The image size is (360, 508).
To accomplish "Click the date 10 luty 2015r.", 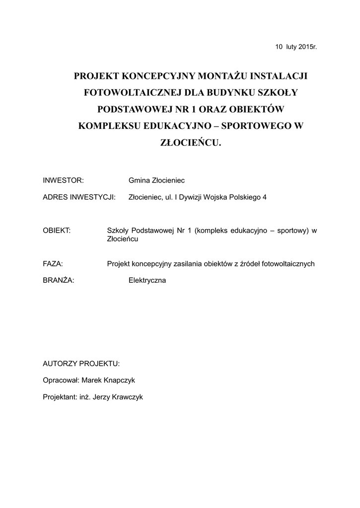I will click(296, 47).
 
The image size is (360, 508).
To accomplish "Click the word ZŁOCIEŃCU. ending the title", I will click(190, 142).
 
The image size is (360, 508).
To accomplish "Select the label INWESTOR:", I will click(63, 181).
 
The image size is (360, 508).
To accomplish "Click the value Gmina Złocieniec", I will click(156, 181).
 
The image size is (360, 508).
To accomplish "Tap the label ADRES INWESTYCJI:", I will click(79, 197).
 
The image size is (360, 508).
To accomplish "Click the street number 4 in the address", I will click(264, 197).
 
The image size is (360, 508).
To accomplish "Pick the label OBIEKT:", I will click(57, 230).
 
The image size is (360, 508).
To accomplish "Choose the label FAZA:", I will click(53, 264).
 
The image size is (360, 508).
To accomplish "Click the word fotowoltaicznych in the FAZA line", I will click(289, 264).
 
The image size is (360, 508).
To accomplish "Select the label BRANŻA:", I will click(59, 280).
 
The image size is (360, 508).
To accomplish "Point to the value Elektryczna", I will click(147, 280).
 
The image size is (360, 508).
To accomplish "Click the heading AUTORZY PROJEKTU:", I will click(81, 364).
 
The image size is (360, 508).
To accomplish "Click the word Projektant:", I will click(60, 397).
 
